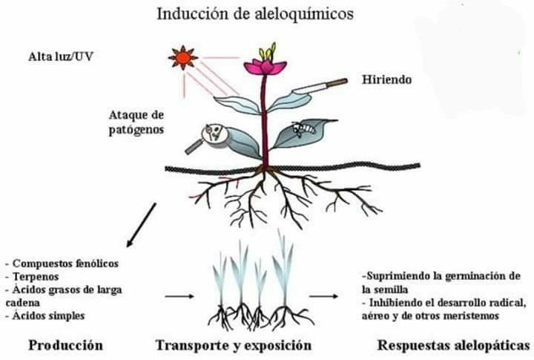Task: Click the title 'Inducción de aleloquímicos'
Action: (x=254, y=14)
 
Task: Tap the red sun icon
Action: (x=183, y=58)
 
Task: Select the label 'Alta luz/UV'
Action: (x=61, y=56)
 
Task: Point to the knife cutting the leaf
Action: (x=320, y=86)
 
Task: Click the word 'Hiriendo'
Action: (x=386, y=79)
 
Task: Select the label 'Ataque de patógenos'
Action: (x=136, y=122)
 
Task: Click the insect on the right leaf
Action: (x=303, y=130)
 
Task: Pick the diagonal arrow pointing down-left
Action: (x=141, y=225)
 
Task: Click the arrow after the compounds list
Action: (x=179, y=296)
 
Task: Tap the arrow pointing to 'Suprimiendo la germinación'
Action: (x=323, y=296)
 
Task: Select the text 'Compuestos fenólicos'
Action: (x=65, y=264)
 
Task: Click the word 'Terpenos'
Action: (x=36, y=276)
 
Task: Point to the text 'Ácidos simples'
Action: (x=48, y=315)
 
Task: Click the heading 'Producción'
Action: (x=65, y=344)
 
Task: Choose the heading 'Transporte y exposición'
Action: (x=234, y=345)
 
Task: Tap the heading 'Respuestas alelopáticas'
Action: (x=454, y=345)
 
